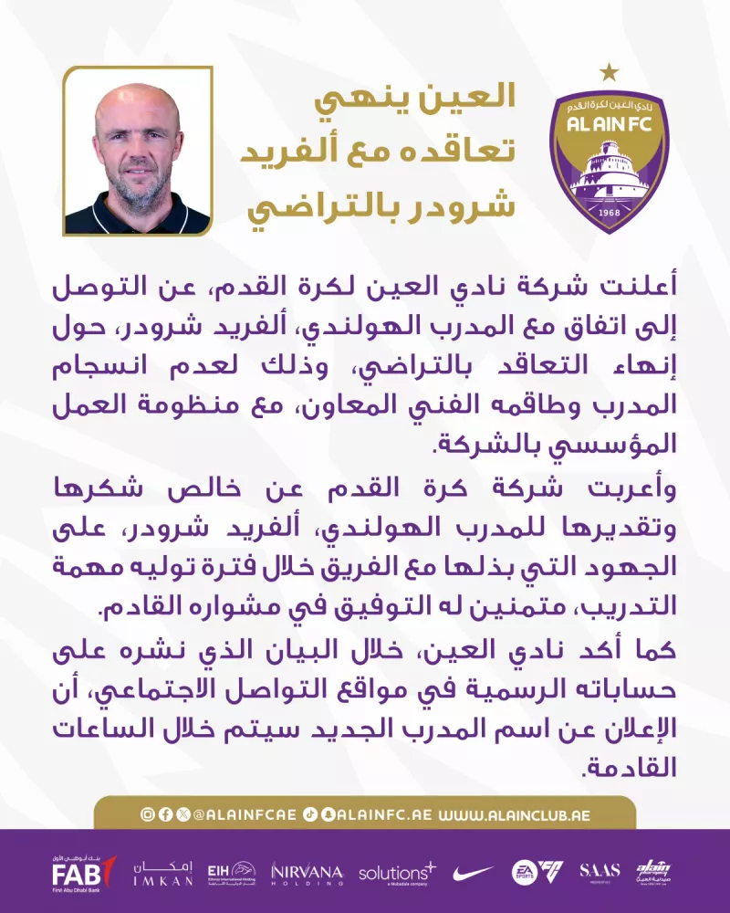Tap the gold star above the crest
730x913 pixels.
tap(609, 70)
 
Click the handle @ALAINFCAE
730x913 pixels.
tap(245, 813)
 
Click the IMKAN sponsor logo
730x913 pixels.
tap(163, 874)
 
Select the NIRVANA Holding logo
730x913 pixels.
tap(307, 874)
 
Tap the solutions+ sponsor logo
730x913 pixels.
tap(397, 874)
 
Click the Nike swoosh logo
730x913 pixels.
tap(473, 874)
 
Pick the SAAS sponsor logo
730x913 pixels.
tap(600, 872)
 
